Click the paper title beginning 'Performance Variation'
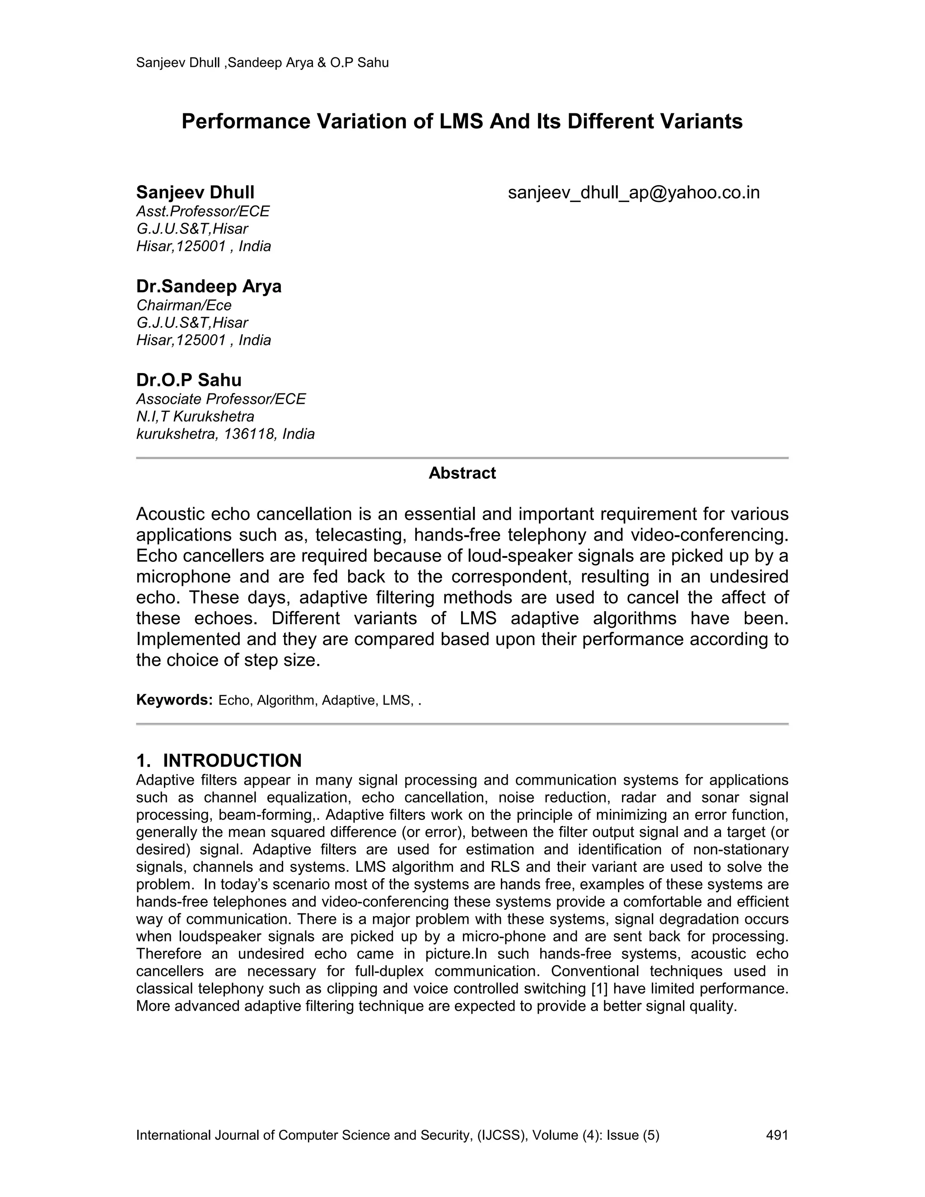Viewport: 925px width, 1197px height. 462,121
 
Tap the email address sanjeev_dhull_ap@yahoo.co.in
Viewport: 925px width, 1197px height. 634,192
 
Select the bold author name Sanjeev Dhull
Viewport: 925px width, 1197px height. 195,192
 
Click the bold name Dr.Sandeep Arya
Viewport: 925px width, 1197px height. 209,286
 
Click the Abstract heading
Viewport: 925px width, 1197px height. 462,473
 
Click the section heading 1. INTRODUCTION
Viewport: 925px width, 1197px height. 219,760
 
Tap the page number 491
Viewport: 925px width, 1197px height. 776,1135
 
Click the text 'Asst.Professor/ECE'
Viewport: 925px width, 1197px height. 203,211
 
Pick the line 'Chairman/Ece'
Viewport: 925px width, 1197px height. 183,305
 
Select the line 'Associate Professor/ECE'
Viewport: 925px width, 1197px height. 221,399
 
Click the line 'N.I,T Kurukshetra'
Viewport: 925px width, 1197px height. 195,416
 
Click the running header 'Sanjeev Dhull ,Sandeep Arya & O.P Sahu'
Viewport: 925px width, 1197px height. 262,62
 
